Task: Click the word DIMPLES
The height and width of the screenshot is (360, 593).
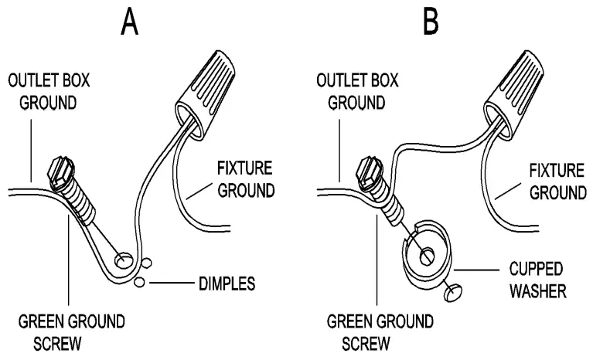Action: (224, 284)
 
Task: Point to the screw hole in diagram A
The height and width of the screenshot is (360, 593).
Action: (122, 260)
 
